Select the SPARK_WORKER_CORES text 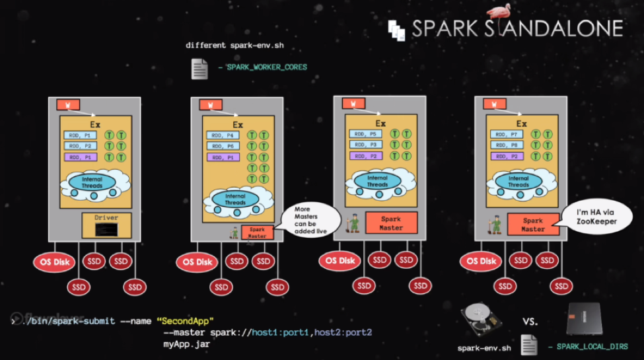[267, 67]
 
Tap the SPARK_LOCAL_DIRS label [592, 346]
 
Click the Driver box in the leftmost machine [106, 225]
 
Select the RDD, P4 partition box [224, 135]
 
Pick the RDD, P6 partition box [224, 146]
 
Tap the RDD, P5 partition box [366, 133]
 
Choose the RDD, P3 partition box [366, 145]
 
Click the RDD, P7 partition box [507, 134]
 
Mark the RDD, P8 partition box [507, 145]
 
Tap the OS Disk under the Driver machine [53, 262]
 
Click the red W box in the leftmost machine [68, 105]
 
